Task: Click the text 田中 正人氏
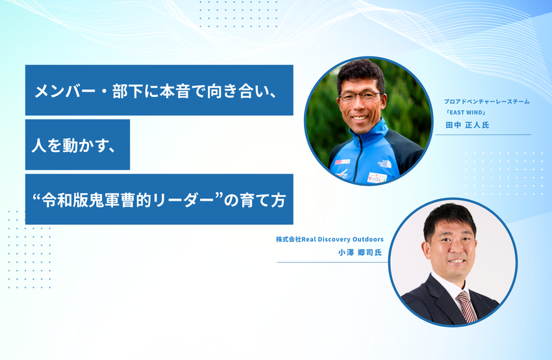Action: pyautogui.click(x=467, y=125)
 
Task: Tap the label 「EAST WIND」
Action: pyautogui.click(x=466, y=112)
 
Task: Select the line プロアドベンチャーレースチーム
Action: pyautogui.click(x=486, y=101)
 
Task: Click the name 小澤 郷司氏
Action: pyautogui.click(x=360, y=252)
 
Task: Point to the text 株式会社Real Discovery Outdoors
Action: pyautogui.click(x=329, y=239)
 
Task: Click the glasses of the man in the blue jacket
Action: pyautogui.click(x=359, y=96)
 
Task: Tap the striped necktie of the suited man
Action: pyautogui.click(x=466, y=307)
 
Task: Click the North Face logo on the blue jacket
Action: pyautogui.click(x=385, y=164)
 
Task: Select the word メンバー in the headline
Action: pyautogui.click(x=65, y=91)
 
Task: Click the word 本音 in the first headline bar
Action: pyautogui.click(x=175, y=91)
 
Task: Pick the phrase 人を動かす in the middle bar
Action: pyautogui.click(x=69, y=145)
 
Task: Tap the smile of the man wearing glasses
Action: pyautogui.click(x=360, y=118)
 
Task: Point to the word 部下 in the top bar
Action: pyautogui.click(x=128, y=91)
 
